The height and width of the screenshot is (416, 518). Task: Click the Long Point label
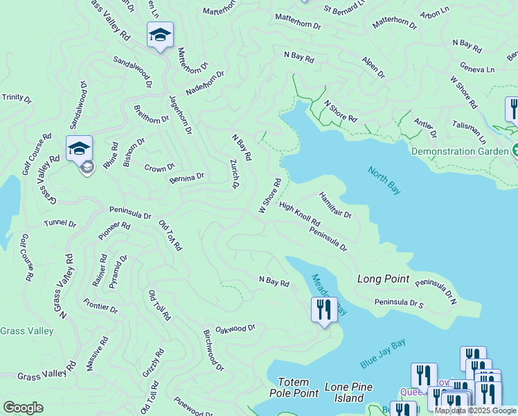384,279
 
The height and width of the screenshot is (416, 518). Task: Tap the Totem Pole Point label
298,388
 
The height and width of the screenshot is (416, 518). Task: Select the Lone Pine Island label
348,392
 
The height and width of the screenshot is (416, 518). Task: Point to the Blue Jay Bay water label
383,354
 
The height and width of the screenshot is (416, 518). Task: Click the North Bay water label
385,182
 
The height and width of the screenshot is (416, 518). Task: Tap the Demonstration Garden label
460,151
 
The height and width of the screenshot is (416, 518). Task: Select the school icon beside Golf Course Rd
80,148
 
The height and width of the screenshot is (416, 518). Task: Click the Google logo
23,407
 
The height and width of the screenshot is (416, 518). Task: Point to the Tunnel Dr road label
60,224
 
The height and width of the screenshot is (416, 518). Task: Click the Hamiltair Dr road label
336,206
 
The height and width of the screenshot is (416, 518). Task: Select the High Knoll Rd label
300,214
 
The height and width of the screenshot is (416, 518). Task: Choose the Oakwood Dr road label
235,329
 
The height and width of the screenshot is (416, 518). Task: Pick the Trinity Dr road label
17,99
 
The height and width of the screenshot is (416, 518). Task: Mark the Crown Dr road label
159,168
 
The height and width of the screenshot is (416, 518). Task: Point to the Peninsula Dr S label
399,303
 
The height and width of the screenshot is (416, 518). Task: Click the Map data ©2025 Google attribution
476,410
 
